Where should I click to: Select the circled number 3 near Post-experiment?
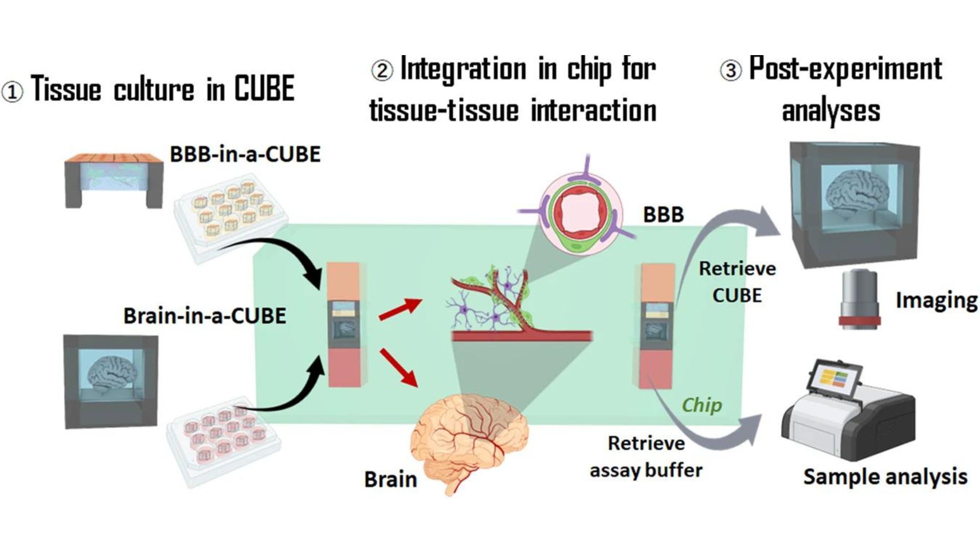[730, 70]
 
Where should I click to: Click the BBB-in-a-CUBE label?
[245, 154]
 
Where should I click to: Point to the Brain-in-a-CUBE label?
[204, 316]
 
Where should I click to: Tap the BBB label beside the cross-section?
[663, 215]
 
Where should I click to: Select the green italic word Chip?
[702, 405]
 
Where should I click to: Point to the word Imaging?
[936, 300]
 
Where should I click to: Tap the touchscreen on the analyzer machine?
[836, 381]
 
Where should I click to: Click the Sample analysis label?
[885, 477]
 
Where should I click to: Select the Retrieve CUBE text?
[737, 282]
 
